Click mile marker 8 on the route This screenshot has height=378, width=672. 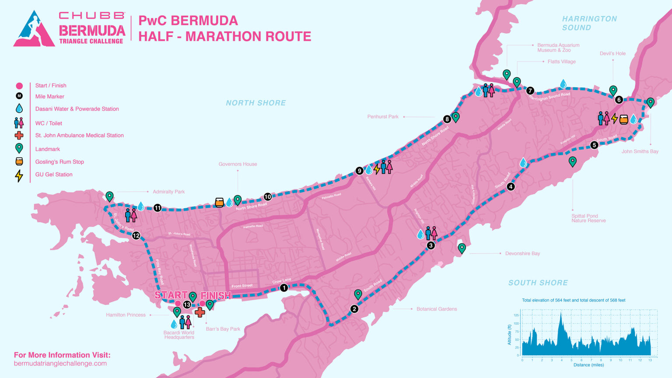point(447,119)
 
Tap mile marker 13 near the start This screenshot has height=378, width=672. point(187,304)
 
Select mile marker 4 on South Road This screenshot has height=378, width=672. point(511,187)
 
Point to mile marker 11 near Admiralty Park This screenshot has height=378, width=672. point(157,208)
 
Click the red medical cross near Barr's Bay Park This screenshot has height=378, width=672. point(200,312)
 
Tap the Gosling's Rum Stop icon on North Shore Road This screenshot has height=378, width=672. point(219,202)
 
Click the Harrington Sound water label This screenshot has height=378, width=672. point(589,23)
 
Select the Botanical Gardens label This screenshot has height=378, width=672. point(436,309)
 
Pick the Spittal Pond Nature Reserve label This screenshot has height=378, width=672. point(588,218)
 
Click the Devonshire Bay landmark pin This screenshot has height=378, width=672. point(462,248)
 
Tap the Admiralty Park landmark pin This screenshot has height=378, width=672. point(109,196)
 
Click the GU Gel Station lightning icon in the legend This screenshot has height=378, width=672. point(19,175)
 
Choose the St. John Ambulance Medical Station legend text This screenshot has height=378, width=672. point(79,136)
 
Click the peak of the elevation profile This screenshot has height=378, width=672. point(561,313)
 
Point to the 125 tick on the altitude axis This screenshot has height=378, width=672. point(516,315)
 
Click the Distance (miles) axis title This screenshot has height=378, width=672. point(588,365)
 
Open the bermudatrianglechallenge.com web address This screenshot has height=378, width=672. point(60,364)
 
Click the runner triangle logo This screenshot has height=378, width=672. point(34,29)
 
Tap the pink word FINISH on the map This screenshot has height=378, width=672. point(216,296)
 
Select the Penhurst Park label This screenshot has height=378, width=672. point(383,117)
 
